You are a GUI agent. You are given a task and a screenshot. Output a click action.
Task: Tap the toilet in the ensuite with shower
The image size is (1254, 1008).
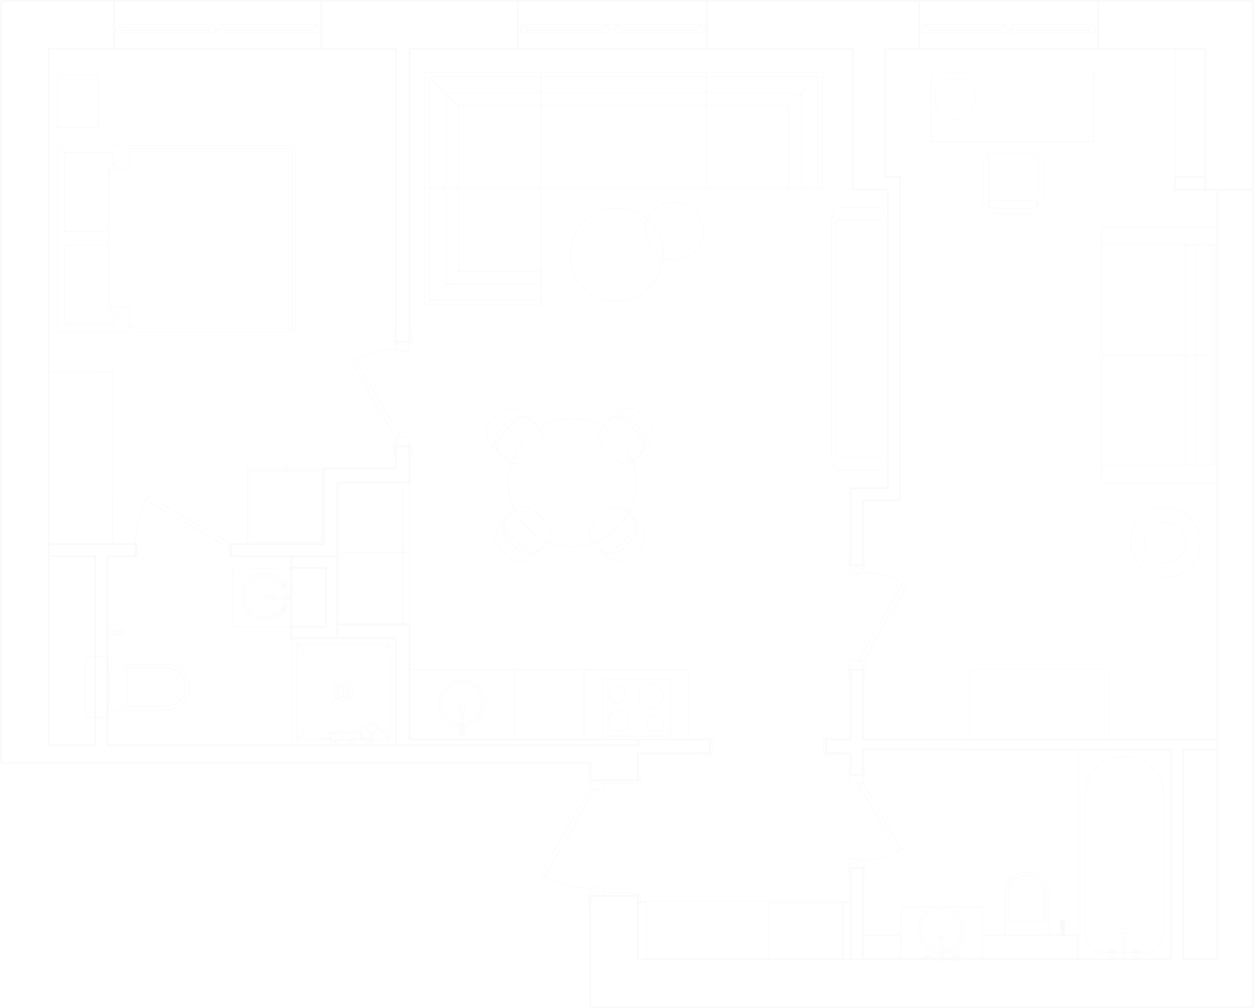pyautogui.click(x=154, y=687)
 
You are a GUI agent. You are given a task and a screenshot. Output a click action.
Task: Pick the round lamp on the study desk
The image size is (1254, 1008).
pyautogui.click(x=954, y=99)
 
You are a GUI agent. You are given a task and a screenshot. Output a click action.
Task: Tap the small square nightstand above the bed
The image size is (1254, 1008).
pyautogui.click(x=78, y=101)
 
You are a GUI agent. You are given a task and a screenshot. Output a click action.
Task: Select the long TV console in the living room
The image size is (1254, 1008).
pyautogui.click(x=859, y=339)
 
